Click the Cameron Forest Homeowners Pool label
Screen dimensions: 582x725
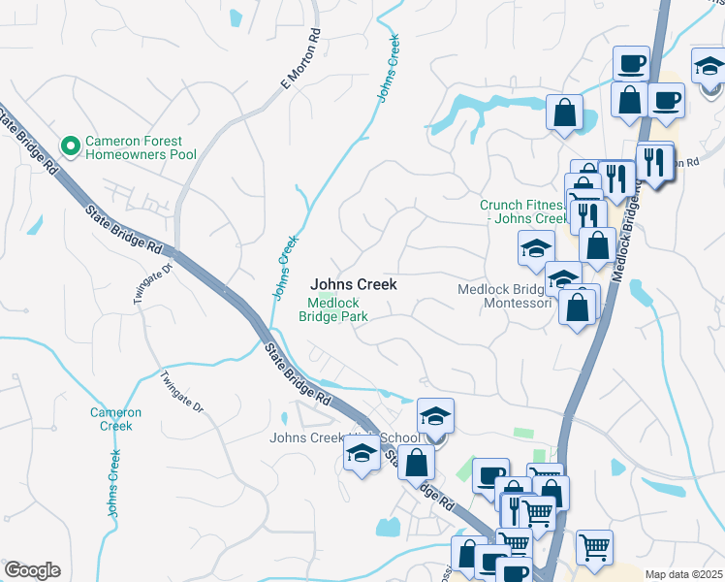coord(141,147)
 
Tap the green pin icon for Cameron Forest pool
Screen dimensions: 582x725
coord(70,147)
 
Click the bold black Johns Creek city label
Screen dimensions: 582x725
coord(353,284)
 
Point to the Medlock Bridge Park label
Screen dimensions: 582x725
coord(332,309)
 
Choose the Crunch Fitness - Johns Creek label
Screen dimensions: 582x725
coord(522,211)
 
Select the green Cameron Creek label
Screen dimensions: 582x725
coord(115,419)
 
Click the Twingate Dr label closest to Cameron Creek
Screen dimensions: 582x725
coord(182,393)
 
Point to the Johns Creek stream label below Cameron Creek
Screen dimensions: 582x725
coord(114,482)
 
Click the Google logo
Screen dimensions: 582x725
coord(32,570)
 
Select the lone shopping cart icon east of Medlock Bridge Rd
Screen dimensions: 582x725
coord(594,546)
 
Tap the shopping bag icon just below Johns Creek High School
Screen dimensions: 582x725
coord(416,462)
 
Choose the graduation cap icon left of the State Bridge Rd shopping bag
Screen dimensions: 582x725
coord(362,452)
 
